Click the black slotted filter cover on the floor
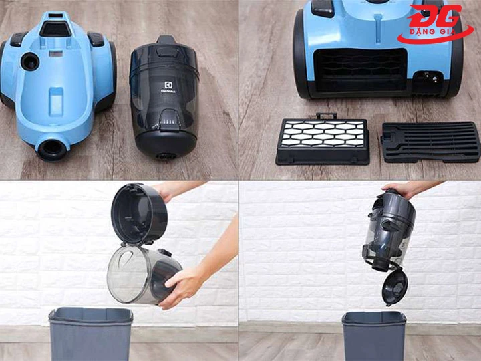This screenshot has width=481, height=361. pos(430,141)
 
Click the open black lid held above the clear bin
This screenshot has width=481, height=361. pos(139,213)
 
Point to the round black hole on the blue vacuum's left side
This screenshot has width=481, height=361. pos(29,62)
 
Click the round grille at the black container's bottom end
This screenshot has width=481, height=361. pos(164,155)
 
